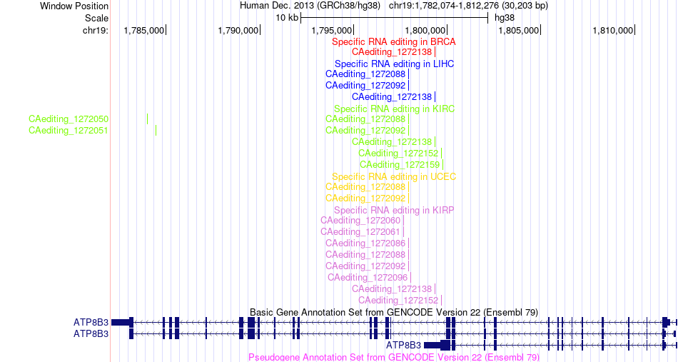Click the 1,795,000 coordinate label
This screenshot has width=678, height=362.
pyautogui.click(x=332, y=30)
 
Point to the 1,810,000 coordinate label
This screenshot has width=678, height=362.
pyautogui.click(x=613, y=30)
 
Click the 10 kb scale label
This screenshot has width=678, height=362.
pyautogui.click(x=287, y=18)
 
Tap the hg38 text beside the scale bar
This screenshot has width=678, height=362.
pyautogui.click(x=505, y=18)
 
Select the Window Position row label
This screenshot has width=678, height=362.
pyautogui.click(x=74, y=6)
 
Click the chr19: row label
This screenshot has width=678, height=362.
pyautogui.click(x=96, y=30)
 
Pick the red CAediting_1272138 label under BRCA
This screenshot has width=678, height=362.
pyautogui.click(x=392, y=52)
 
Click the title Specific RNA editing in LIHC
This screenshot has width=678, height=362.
pyautogui.click(x=395, y=64)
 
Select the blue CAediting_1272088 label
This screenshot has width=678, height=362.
pyautogui.click(x=365, y=74)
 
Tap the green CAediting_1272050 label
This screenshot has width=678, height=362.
pyautogui.click(x=69, y=119)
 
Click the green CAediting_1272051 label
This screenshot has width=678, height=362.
pyautogui.click(x=69, y=130)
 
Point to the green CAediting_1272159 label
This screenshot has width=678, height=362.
pyautogui.click(x=400, y=164)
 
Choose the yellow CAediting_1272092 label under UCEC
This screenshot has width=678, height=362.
pyautogui.click(x=365, y=198)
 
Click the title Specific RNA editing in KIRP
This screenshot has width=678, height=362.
pyautogui.click(x=394, y=210)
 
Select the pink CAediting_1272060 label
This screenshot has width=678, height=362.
pyautogui.click(x=360, y=221)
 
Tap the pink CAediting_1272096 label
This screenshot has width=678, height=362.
pyautogui.click(x=368, y=277)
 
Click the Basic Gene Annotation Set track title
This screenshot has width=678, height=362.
pyautogui.click(x=394, y=312)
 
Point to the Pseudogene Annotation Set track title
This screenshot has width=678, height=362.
pyautogui.click(x=394, y=357)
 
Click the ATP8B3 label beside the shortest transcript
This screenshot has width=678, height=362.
pyautogui.click(x=403, y=345)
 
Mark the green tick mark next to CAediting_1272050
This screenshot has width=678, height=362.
pyautogui.click(x=148, y=119)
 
